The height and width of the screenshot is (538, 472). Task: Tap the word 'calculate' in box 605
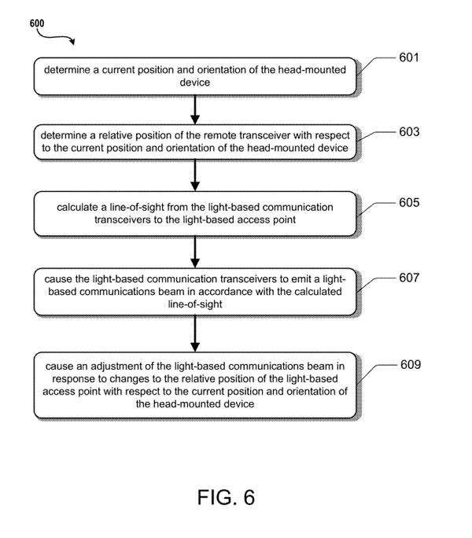80,208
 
